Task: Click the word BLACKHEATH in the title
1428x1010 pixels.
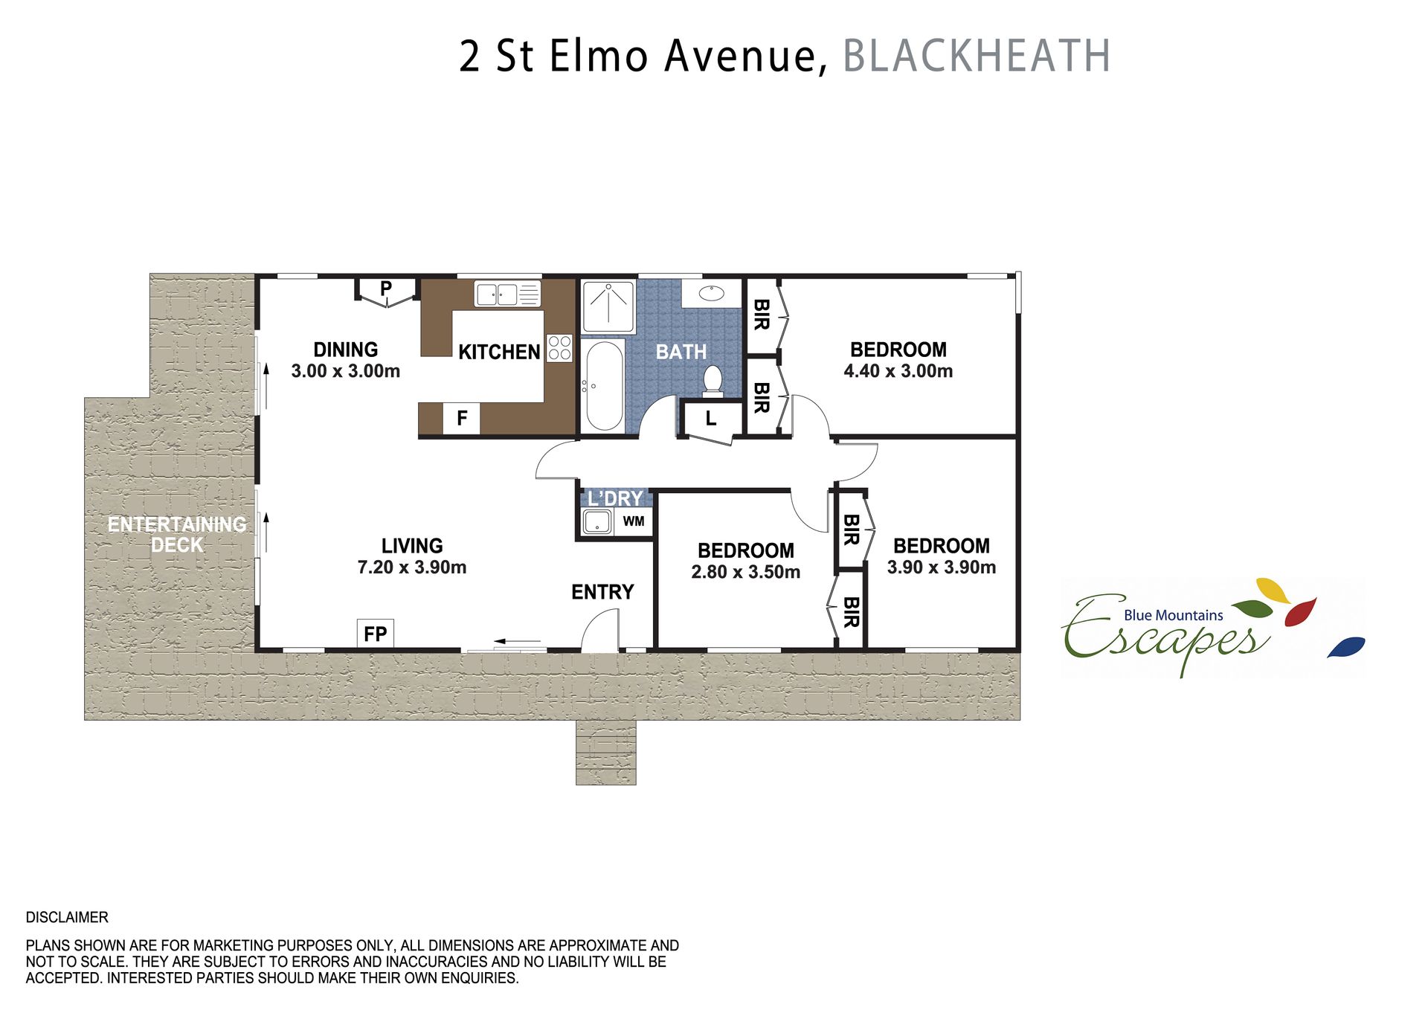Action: point(977,56)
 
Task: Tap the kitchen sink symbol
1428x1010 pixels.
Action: point(507,294)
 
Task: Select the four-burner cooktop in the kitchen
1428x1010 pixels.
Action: point(559,348)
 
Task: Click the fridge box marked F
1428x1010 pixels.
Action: point(462,418)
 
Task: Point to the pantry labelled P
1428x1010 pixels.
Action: point(386,290)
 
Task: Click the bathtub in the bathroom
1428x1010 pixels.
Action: point(603,385)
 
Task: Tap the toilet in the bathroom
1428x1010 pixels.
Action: point(713,380)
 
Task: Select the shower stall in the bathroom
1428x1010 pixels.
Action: point(608,307)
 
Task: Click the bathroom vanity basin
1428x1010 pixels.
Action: point(712,292)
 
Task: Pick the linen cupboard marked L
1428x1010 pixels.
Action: point(711,419)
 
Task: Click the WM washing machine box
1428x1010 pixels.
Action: point(634,521)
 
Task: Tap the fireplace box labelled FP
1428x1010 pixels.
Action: point(376,634)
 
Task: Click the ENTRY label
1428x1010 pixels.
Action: point(602,592)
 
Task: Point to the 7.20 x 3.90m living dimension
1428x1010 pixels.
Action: point(412,567)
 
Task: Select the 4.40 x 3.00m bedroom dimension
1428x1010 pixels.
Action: point(898,371)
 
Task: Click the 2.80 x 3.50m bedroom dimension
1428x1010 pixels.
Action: point(746,572)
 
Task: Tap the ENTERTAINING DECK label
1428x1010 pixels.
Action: point(177,535)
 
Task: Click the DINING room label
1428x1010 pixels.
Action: point(346,350)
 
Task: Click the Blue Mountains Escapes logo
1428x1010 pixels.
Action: point(1212,627)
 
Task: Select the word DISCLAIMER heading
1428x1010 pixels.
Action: point(67,917)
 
